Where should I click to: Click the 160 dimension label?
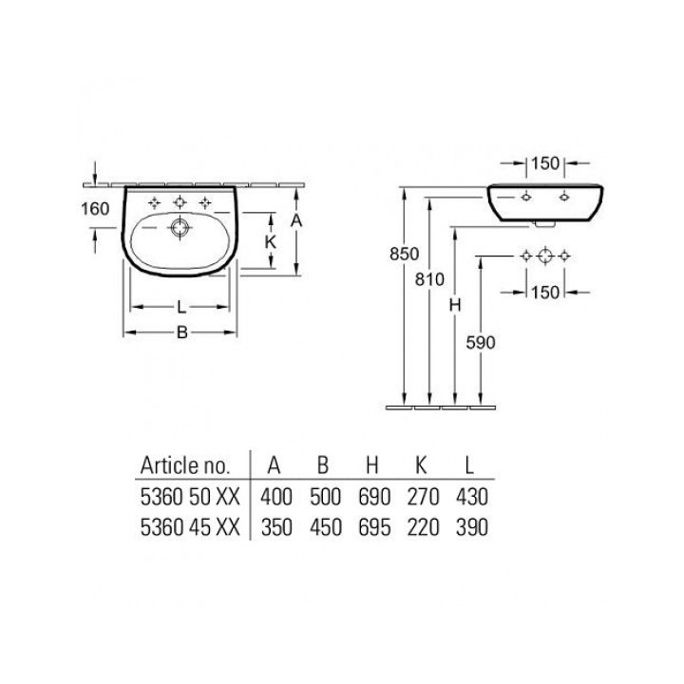(95, 208)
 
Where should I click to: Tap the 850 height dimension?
(405, 254)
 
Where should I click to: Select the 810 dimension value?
(429, 279)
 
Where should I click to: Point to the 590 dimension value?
(481, 342)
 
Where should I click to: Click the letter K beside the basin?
(271, 241)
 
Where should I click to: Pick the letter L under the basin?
(181, 308)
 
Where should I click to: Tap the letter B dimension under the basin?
(181, 332)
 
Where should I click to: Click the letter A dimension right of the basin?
(296, 220)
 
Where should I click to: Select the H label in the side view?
(455, 305)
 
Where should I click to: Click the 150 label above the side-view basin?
(545, 163)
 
